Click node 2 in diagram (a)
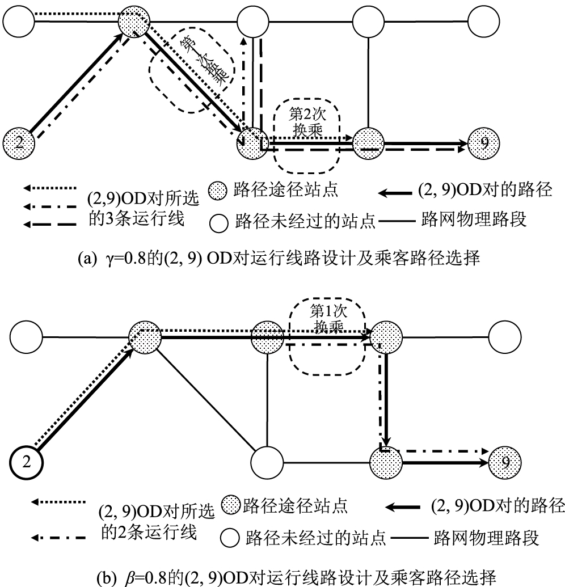[19, 142]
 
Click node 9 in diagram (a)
[484, 142]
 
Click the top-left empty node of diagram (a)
[19, 22]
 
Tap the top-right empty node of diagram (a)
[484, 22]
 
